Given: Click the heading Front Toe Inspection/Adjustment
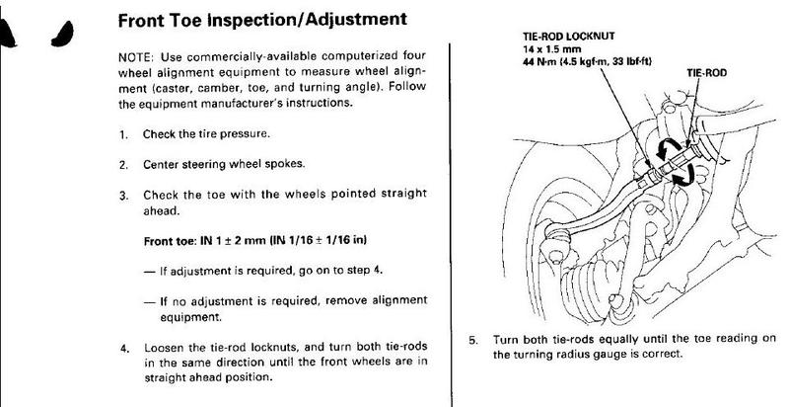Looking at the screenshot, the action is [x=262, y=20].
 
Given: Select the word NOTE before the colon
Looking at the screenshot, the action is [x=132, y=56].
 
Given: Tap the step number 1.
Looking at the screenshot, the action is [x=122, y=135].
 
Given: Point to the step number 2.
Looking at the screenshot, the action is [x=122, y=165].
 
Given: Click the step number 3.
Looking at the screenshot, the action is [x=122, y=196].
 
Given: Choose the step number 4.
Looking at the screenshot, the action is [x=123, y=348].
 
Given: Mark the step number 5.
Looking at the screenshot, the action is [x=471, y=340].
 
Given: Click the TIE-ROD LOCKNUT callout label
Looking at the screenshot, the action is [x=569, y=37].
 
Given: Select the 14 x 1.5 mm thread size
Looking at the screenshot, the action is [x=552, y=49].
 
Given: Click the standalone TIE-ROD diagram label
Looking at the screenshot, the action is [x=706, y=73].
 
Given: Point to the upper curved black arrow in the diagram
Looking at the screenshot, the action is [x=667, y=146].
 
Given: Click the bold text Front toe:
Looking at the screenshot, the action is [x=170, y=241].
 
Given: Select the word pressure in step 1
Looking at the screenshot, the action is [x=248, y=135].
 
